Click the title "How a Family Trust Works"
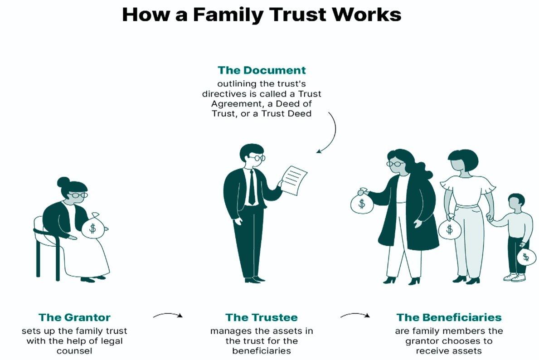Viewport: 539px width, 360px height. (x=262, y=15)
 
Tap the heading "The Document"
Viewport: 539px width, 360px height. (x=262, y=70)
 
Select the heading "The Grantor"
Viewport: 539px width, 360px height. (x=74, y=317)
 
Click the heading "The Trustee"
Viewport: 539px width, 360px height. (x=262, y=317)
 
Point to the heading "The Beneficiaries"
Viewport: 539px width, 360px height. (x=449, y=317)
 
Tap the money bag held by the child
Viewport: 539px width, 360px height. (x=526, y=257)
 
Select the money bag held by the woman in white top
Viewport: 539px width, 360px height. (x=449, y=228)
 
